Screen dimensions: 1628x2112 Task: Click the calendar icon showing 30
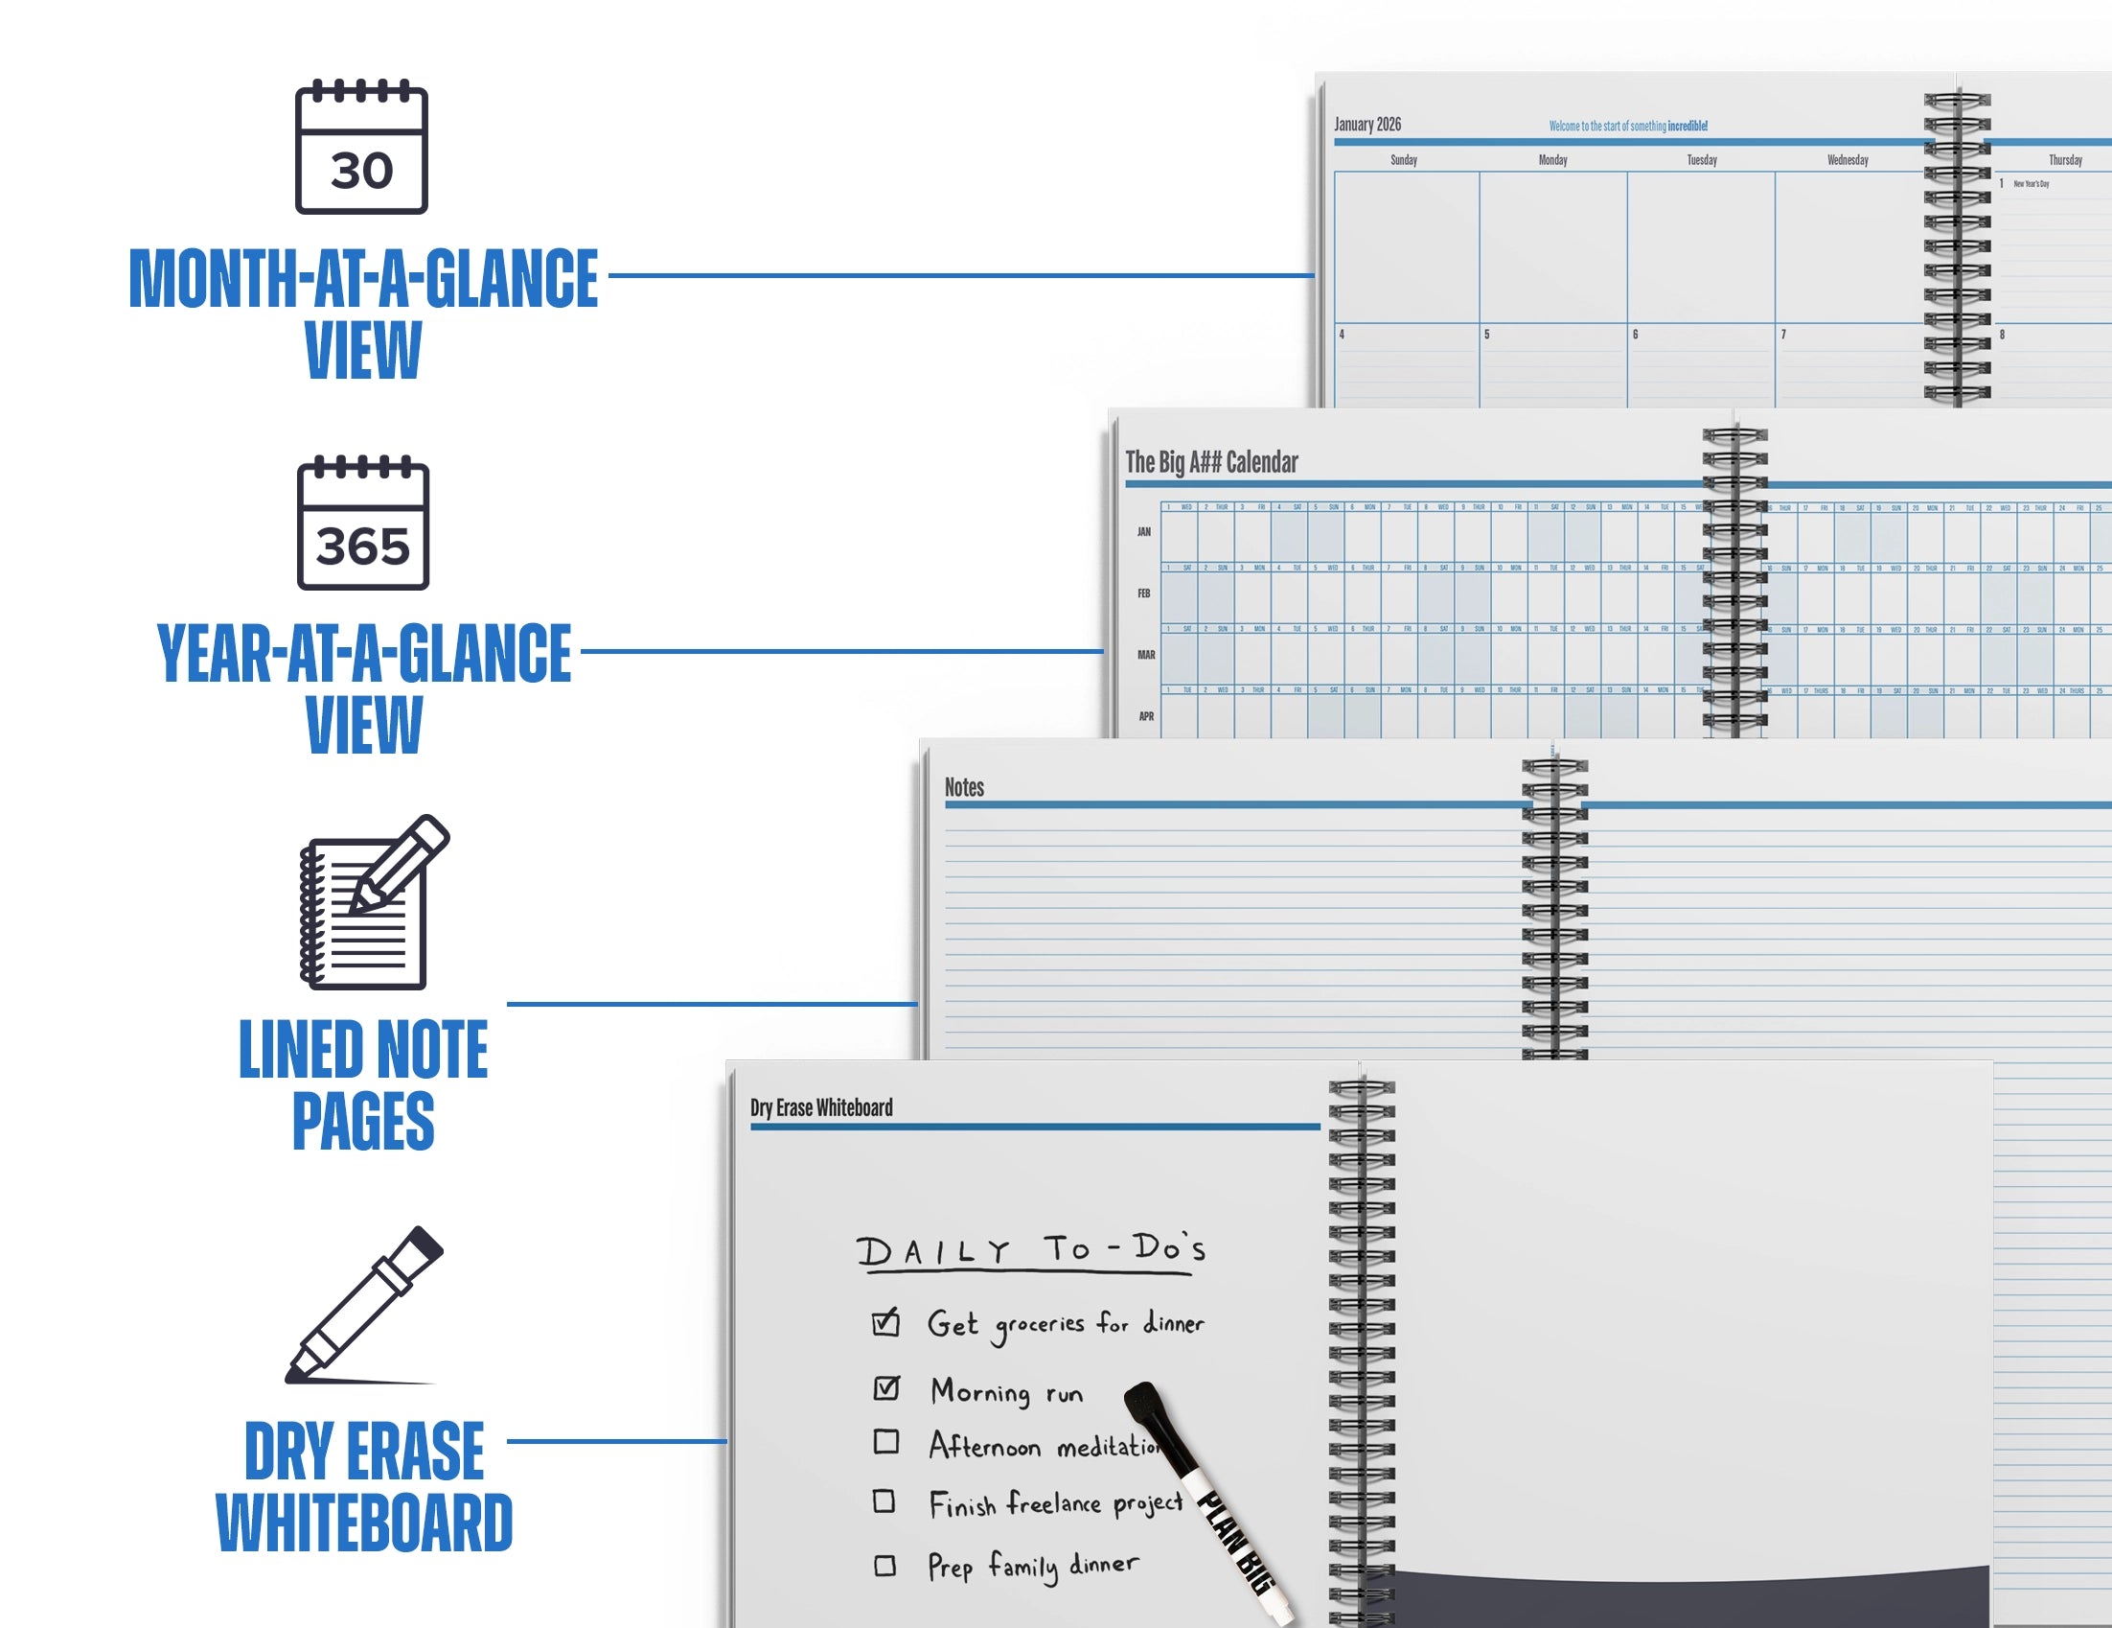coord(361,148)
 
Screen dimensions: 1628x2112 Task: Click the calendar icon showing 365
coord(362,523)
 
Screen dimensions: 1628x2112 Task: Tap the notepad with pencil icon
coord(372,903)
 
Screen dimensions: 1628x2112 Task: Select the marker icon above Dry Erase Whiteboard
coord(364,1305)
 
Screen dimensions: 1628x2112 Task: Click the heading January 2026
coord(1366,124)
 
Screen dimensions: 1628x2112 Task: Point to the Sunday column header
coord(1403,159)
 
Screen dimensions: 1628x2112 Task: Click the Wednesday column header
coord(1847,159)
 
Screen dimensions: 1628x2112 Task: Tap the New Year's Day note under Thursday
coord(2031,184)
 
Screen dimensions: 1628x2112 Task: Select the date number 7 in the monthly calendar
coord(1783,335)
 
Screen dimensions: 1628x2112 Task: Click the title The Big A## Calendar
coord(1210,462)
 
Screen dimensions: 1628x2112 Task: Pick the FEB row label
coord(1144,593)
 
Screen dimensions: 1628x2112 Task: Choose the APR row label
coord(1146,717)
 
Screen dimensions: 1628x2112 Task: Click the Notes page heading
coord(963,787)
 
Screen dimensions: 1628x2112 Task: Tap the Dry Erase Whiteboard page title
coord(821,1107)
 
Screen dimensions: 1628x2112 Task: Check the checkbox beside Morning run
coord(885,1388)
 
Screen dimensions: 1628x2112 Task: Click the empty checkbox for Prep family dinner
coord(884,1565)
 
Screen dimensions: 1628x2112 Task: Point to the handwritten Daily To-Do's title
coord(1031,1251)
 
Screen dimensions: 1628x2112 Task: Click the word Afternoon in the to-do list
coord(984,1446)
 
